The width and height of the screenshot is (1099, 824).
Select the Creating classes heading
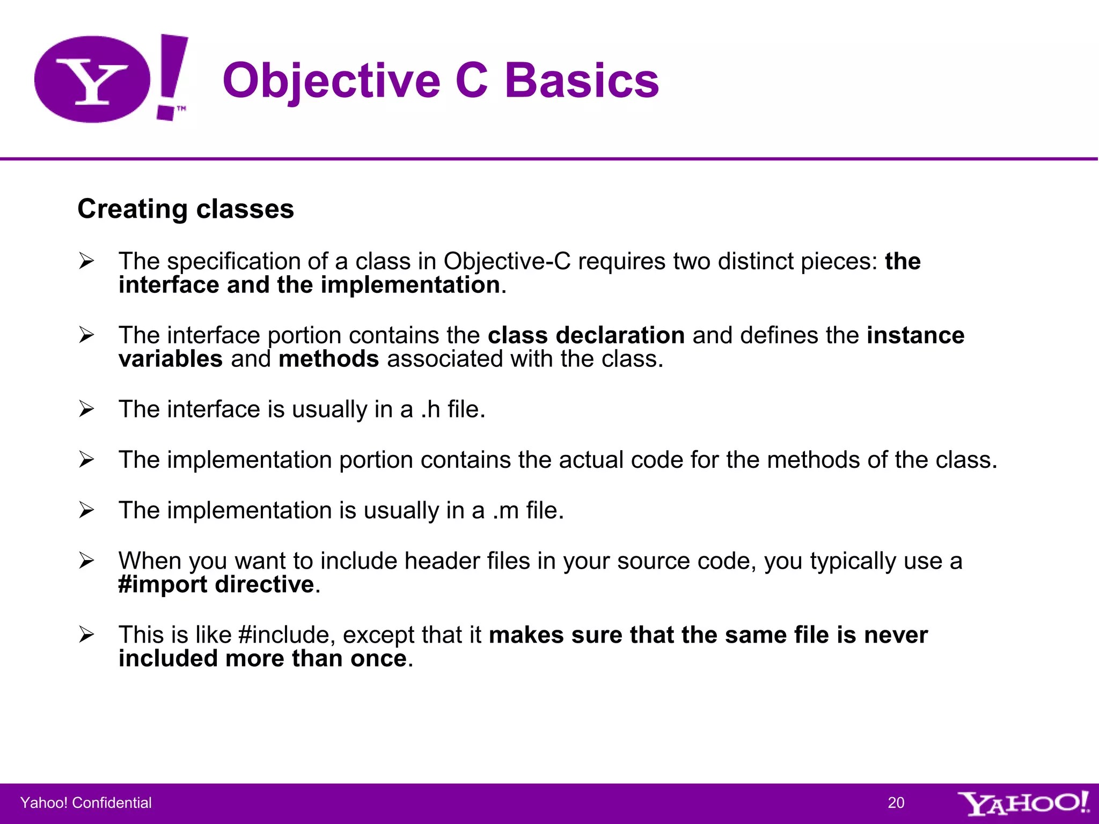point(186,209)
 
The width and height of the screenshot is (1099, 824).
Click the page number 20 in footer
point(896,803)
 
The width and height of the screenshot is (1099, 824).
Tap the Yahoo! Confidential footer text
point(86,803)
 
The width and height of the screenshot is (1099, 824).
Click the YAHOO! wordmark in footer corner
point(1023,803)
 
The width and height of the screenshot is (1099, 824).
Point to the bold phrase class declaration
point(586,335)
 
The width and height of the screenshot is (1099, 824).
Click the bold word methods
point(328,359)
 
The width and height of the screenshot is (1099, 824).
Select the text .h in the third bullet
point(430,409)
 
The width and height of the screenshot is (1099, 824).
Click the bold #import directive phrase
point(216,584)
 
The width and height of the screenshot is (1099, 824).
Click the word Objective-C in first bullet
point(507,261)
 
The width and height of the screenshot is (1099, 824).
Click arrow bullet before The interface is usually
point(86,409)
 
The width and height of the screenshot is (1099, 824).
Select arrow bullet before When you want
point(86,561)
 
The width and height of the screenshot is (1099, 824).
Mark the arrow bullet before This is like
point(86,635)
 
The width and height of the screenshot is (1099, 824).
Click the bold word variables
point(171,359)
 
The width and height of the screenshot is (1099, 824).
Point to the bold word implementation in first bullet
point(410,285)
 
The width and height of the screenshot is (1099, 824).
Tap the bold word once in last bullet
point(378,658)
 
